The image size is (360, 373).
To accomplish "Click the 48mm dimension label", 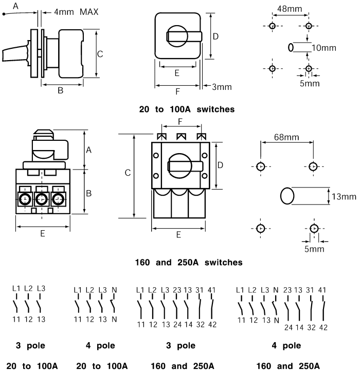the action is point(290,9).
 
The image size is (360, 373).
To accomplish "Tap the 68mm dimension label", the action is point(286,137).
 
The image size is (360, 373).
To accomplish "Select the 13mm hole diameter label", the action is point(344,197).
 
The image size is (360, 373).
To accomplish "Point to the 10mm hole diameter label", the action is point(324,48).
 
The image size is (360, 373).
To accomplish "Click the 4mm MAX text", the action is point(76,12).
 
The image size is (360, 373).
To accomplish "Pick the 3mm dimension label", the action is point(222,87).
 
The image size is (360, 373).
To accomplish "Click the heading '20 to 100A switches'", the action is point(187,109).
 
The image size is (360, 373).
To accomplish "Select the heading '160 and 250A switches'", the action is point(189,263).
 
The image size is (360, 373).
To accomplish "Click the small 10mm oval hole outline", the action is point(291,47).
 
